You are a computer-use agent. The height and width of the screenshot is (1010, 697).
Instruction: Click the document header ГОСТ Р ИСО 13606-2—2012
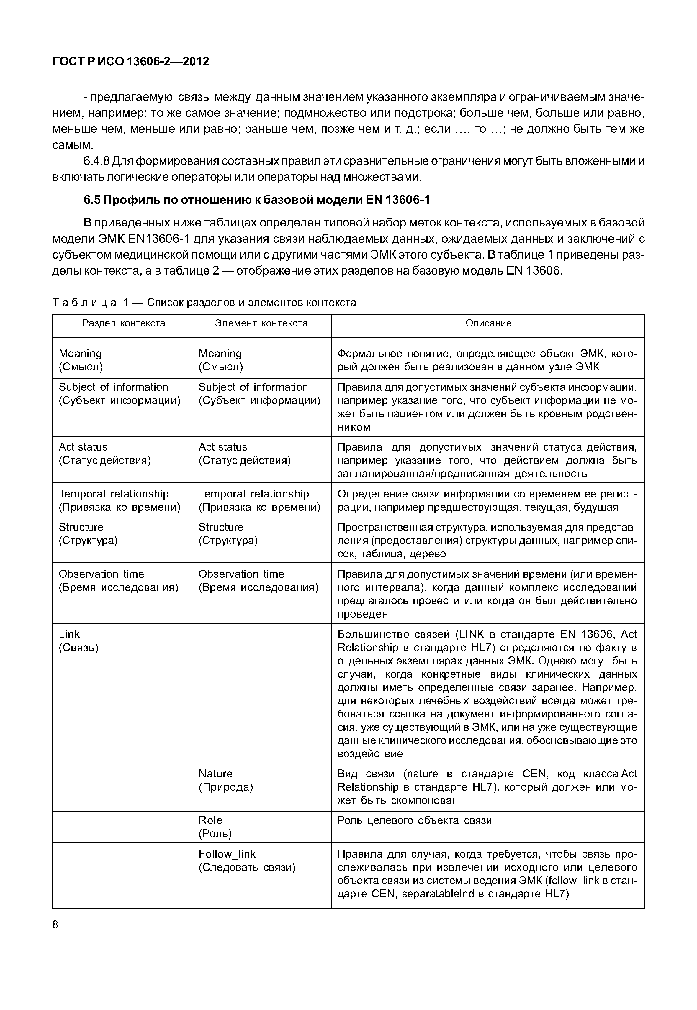(131, 62)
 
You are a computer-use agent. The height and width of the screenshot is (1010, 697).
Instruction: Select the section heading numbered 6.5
(257, 200)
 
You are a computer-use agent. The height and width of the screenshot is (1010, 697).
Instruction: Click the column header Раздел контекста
(124, 323)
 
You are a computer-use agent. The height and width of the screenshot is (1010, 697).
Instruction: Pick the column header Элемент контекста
(261, 323)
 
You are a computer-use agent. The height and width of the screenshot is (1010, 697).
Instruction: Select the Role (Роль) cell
(215, 827)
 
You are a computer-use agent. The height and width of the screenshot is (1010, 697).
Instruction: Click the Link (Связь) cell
(78, 641)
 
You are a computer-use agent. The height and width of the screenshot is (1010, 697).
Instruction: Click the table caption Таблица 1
(204, 303)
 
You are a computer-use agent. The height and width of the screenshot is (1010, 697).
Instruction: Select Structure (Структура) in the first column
(88, 534)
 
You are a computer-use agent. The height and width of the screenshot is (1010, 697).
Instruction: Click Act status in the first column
(104, 454)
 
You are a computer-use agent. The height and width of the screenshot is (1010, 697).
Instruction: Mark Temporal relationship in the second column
(259, 501)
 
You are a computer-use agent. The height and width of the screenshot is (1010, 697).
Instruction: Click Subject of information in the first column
(119, 394)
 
